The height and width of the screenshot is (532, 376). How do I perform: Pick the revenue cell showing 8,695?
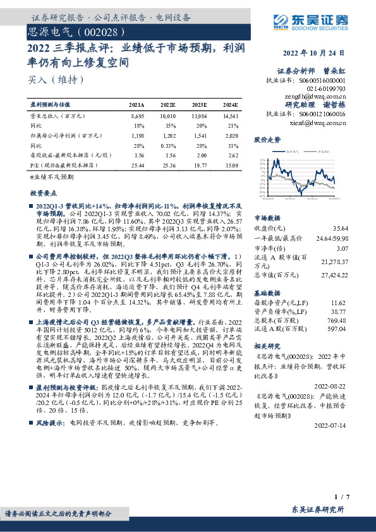pos(137,116)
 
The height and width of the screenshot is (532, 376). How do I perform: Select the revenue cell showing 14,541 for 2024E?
pos(229,116)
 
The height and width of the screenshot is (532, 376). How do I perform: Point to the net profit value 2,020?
pos(231,135)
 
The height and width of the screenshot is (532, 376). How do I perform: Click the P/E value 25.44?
pos(137,164)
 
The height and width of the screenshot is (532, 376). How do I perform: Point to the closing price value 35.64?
pos(358,227)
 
